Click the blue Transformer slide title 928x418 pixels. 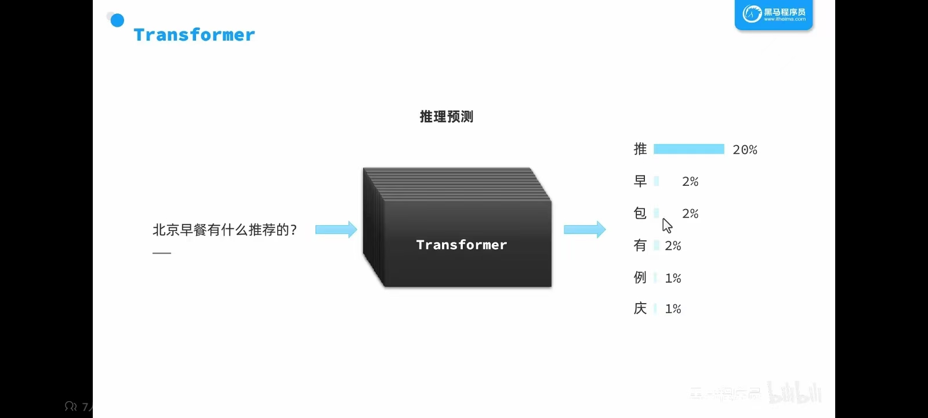click(194, 35)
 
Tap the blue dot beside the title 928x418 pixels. click(117, 20)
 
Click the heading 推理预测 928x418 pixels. click(446, 117)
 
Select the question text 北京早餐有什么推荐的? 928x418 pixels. click(224, 230)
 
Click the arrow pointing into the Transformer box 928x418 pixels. click(336, 229)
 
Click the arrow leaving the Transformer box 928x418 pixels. click(585, 229)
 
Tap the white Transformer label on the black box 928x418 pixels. click(462, 245)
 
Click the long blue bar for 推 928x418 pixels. click(688, 149)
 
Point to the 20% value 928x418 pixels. click(745, 150)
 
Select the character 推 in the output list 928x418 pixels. click(640, 149)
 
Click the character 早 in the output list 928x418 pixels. click(640, 181)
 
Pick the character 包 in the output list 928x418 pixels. click(640, 213)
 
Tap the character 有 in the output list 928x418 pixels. click(640, 246)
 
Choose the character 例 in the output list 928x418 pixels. click(640, 278)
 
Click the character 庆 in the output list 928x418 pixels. click(640, 308)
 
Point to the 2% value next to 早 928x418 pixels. click(690, 182)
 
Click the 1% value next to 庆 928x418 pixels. click(673, 309)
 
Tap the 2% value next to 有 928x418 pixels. click(673, 246)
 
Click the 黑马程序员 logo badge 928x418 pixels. click(774, 14)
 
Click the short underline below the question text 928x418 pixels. click(162, 253)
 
